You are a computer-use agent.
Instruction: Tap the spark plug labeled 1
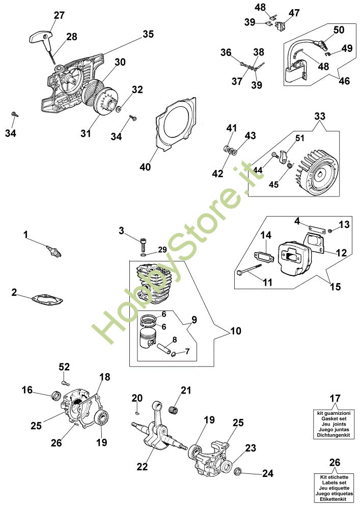coord(54,250)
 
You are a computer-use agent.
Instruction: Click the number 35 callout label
coord(148,34)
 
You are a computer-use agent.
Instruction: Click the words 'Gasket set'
coord(334,419)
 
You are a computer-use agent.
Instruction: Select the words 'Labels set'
coord(334,483)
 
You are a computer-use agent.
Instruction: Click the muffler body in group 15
coord(293,258)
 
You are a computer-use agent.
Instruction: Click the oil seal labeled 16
coord(57,395)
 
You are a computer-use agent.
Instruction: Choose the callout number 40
coord(146,167)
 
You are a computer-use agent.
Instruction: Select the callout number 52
coord(64,367)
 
